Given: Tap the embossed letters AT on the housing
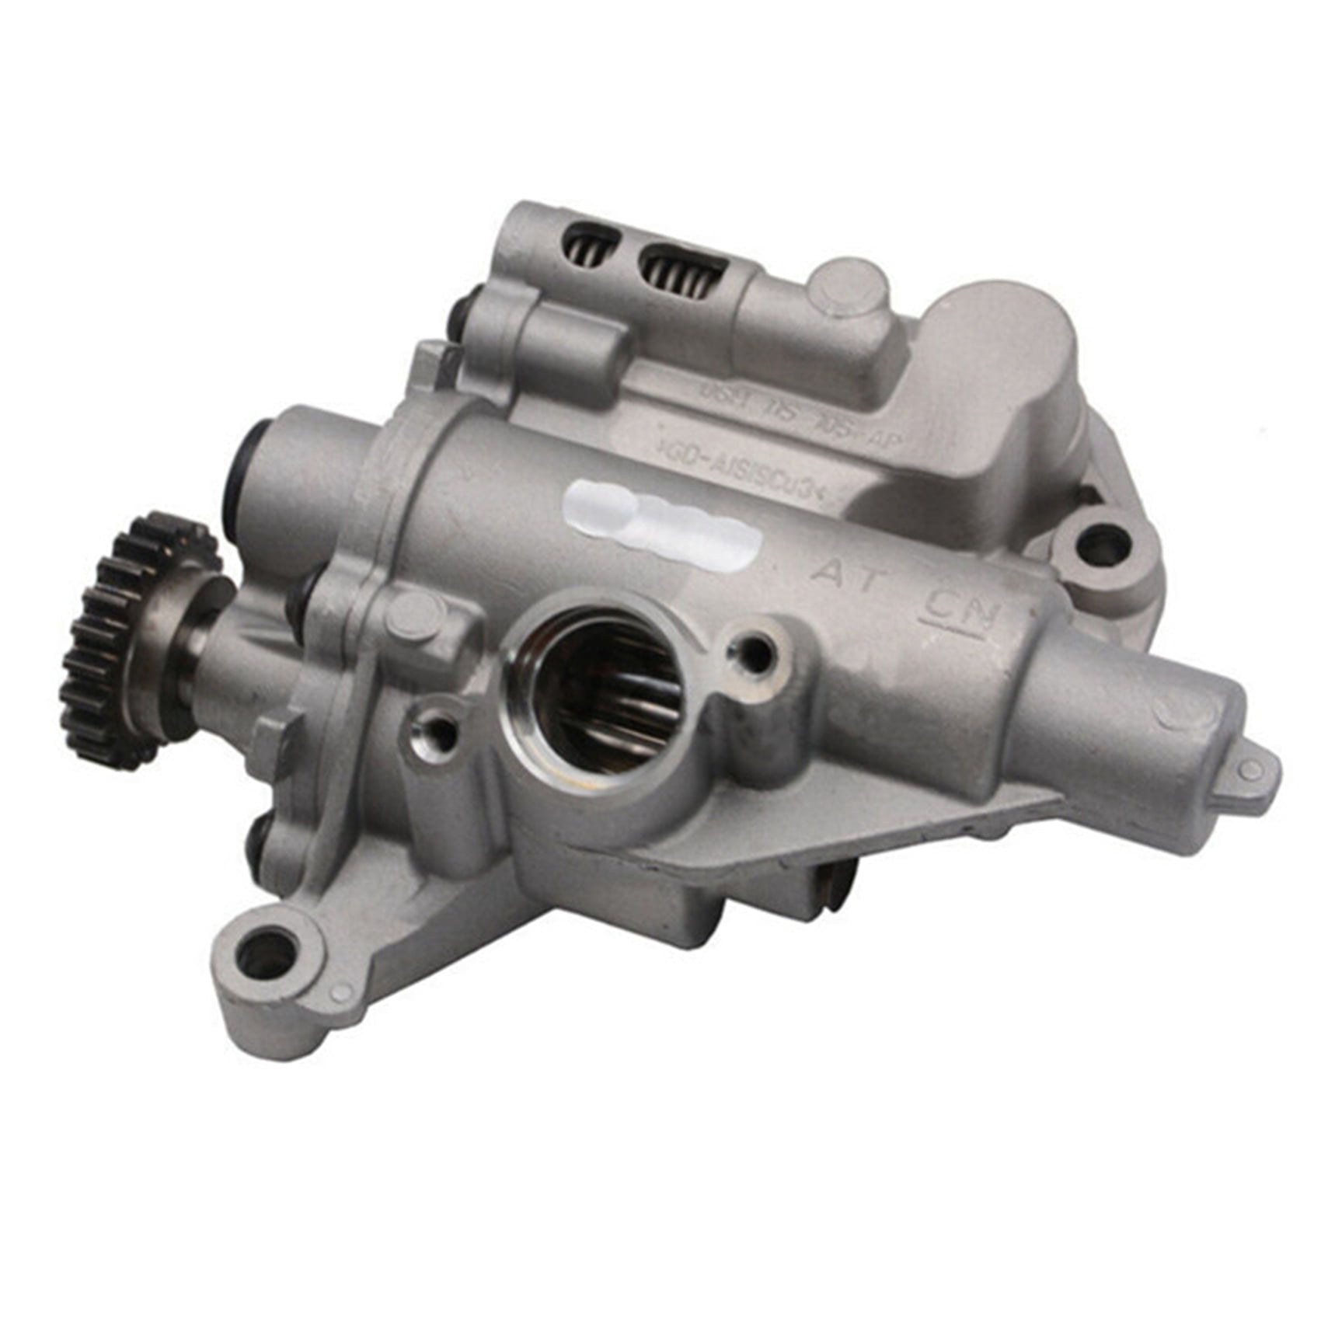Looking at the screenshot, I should coord(842,573).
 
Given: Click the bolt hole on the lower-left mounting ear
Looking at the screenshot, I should coord(267,955).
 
